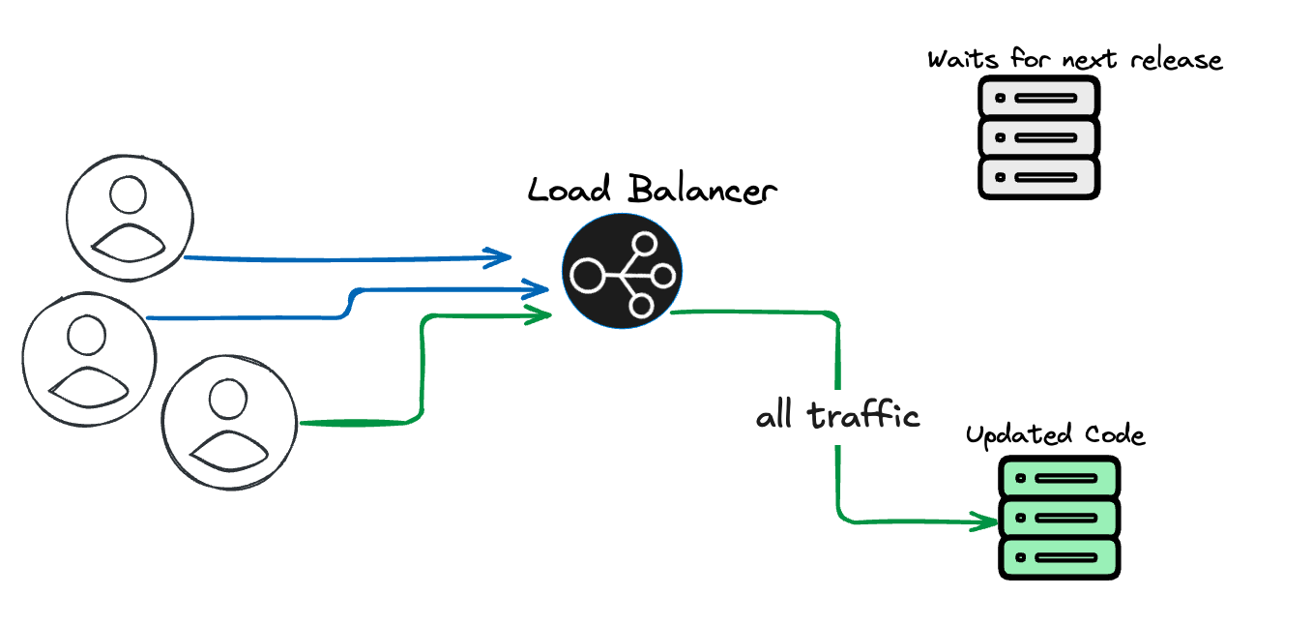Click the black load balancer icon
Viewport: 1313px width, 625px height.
click(622, 273)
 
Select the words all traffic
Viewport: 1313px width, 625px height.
click(837, 416)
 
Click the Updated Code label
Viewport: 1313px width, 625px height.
click(1055, 435)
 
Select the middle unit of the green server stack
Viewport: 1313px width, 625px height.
click(1058, 518)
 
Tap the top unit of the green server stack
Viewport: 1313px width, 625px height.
click(1058, 478)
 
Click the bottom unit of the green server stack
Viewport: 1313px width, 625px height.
click(1058, 558)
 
